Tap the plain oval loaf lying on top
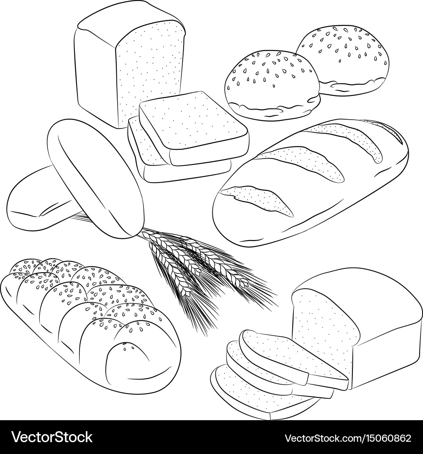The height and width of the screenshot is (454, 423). [93, 173]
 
